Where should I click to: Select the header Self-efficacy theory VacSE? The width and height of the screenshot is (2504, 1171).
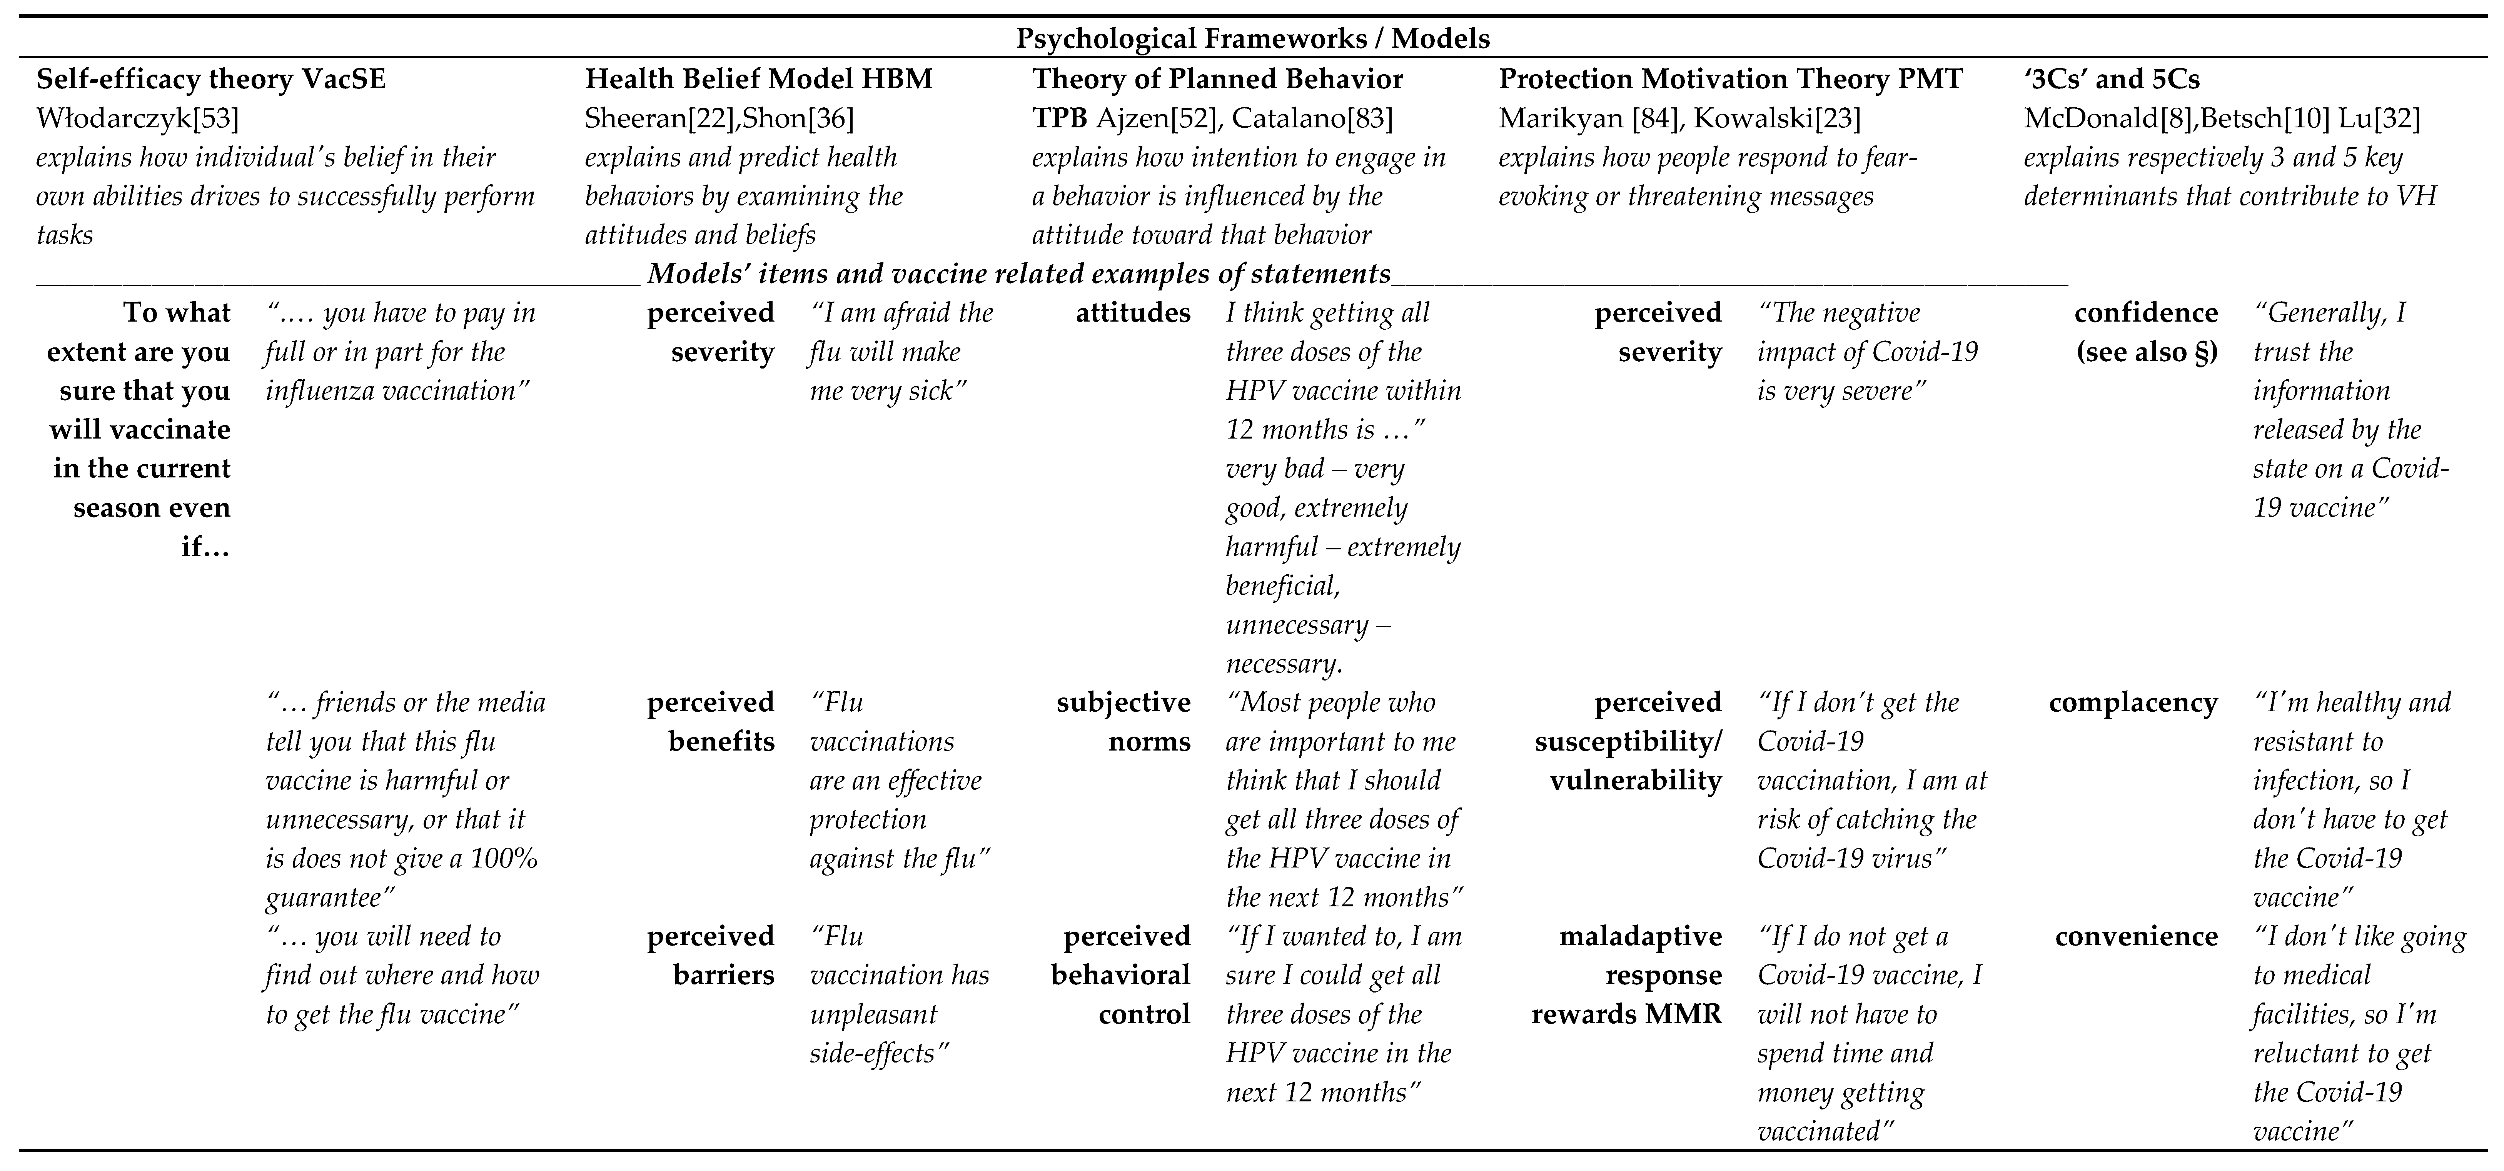[x=211, y=79]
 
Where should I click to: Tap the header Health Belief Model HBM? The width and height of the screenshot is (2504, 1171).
[x=758, y=79]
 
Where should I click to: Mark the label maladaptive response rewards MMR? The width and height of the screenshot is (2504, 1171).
[x=1626, y=975]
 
